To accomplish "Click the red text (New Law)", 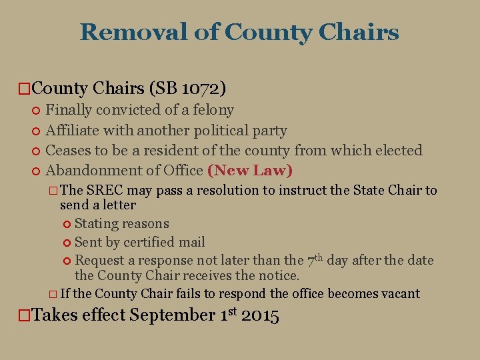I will [250, 170].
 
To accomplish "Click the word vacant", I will [400, 293].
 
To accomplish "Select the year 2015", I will [260, 315].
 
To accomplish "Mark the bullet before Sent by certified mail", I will [67, 243].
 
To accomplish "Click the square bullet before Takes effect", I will [23, 316].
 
